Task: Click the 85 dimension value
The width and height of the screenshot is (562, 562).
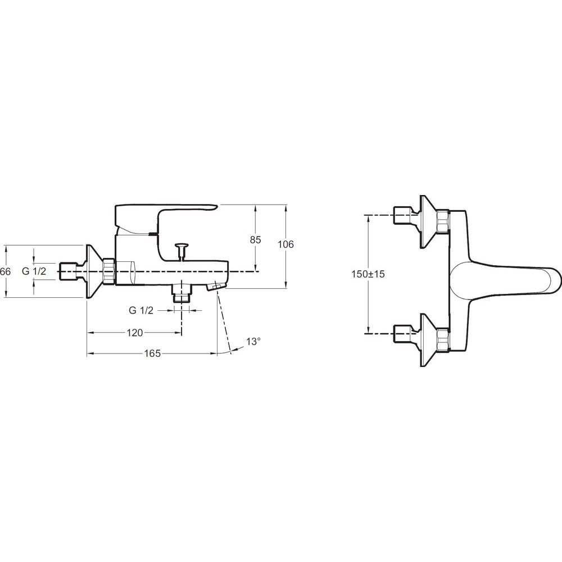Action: pyautogui.click(x=255, y=240)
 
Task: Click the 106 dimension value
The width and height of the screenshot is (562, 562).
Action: pyautogui.click(x=285, y=244)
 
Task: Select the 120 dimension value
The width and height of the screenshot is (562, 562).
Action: pyautogui.click(x=135, y=333)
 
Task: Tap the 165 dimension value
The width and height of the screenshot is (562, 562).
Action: pyautogui.click(x=152, y=353)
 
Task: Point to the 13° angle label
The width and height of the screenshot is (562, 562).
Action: pyautogui.click(x=253, y=342)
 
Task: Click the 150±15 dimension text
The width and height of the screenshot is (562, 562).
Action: pyautogui.click(x=368, y=274)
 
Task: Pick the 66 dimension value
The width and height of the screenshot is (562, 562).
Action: pyautogui.click(x=6, y=271)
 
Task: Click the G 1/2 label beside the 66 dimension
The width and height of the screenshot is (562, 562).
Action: pyautogui.click(x=34, y=271)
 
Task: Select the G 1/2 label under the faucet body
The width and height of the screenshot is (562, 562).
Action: pyautogui.click(x=141, y=310)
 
